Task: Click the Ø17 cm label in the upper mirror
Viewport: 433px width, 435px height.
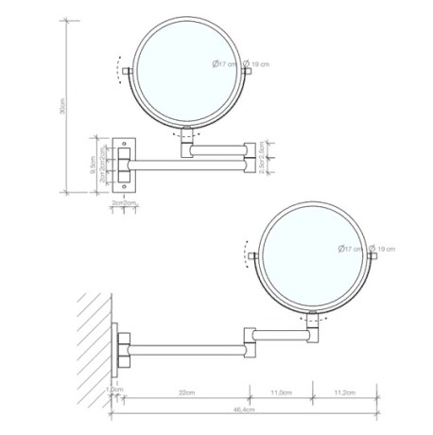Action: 224,63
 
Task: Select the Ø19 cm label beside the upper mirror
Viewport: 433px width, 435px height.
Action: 262,63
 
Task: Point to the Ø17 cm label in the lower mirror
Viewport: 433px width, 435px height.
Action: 350,248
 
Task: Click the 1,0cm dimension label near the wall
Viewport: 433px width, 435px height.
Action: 115,390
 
